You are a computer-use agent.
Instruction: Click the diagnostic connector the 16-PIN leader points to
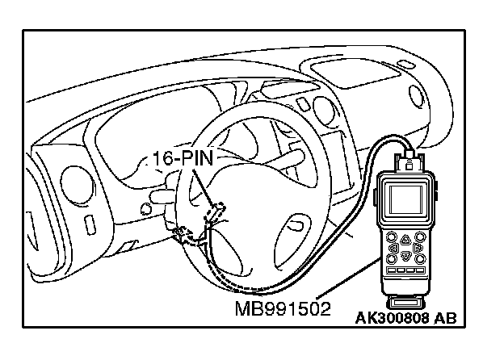[x=215, y=212]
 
